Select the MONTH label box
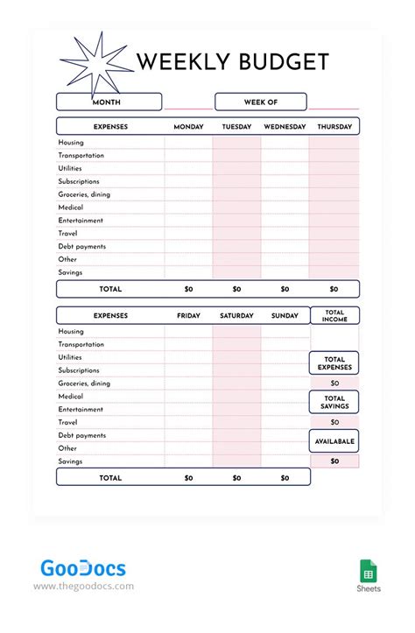tap(109, 102)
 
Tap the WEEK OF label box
tap(260, 102)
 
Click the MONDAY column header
tap(188, 127)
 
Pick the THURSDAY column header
tap(334, 127)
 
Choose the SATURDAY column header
tap(236, 316)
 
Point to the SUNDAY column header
tap(285, 316)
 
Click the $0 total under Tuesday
tap(236, 289)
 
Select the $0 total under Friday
tap(188, 478)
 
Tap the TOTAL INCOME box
tap(334, 316)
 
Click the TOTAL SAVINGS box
tap(334, 402)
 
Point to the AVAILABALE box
tap(334, 441)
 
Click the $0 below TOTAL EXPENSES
tap(334, 383)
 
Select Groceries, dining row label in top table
tap(84, 194)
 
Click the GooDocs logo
tap(83, 569)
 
